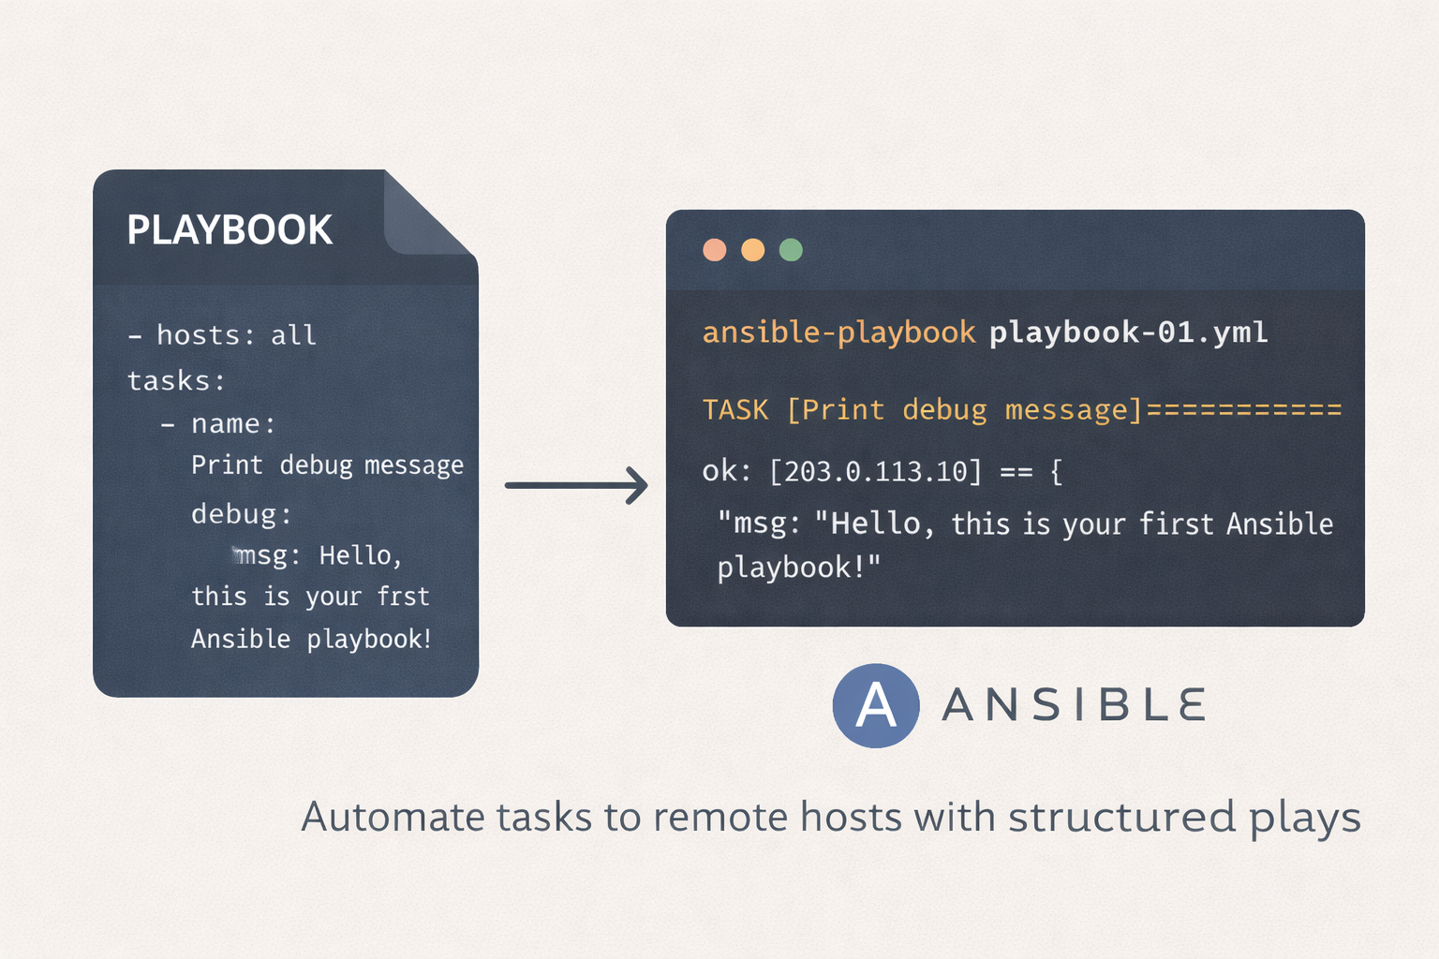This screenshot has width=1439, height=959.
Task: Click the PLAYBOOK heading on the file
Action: pos(230,229)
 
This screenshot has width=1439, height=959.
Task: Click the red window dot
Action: pos(715,250)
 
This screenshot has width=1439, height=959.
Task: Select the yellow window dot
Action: pos(753,250)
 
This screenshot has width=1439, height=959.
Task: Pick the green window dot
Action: pos(791,250)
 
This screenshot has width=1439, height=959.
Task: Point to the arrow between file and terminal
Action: pos(576,486)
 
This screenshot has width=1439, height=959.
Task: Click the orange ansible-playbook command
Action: pos(839,332)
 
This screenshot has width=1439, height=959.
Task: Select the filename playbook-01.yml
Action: pos(1129,332)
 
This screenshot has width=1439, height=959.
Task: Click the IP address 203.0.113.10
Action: pos(875,472)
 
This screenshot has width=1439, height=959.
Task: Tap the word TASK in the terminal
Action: pos(735,410)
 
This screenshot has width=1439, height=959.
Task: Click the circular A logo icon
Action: pos(876,705)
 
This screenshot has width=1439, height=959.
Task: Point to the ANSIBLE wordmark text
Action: pos(1074,704)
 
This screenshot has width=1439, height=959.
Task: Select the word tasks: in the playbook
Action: pos(176,381)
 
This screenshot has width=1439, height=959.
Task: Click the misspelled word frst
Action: pos(403,596)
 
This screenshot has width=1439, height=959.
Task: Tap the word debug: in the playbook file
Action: pos(242,514)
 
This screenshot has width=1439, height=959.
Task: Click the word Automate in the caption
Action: pos(393,817)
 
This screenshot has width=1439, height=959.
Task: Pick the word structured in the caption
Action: pos(1121,817)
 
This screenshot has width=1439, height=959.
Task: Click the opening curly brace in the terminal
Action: pos(1056,472)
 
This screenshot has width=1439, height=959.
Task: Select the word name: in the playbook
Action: pos(233,424)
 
